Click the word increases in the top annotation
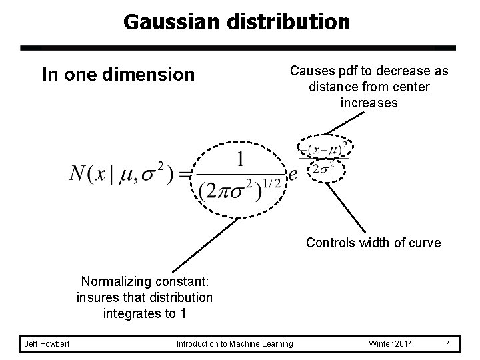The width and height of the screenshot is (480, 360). click(x=369, y=103)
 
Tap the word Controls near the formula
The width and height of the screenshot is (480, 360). click(x=331, y=243)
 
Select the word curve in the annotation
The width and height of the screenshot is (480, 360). click(x=425, y=243)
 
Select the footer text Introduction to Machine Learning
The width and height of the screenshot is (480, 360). click(x=234, y=343)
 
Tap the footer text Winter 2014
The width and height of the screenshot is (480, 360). click(x=390, y=343)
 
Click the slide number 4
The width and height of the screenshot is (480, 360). click(x=449, y=343)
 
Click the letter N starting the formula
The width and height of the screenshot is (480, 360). click(x=79, y=175)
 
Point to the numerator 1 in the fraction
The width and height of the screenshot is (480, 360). click(x=239, y=160)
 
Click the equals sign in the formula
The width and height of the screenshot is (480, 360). click(x=186, y=175)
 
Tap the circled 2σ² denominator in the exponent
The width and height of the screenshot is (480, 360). click(x=327, y=170)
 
